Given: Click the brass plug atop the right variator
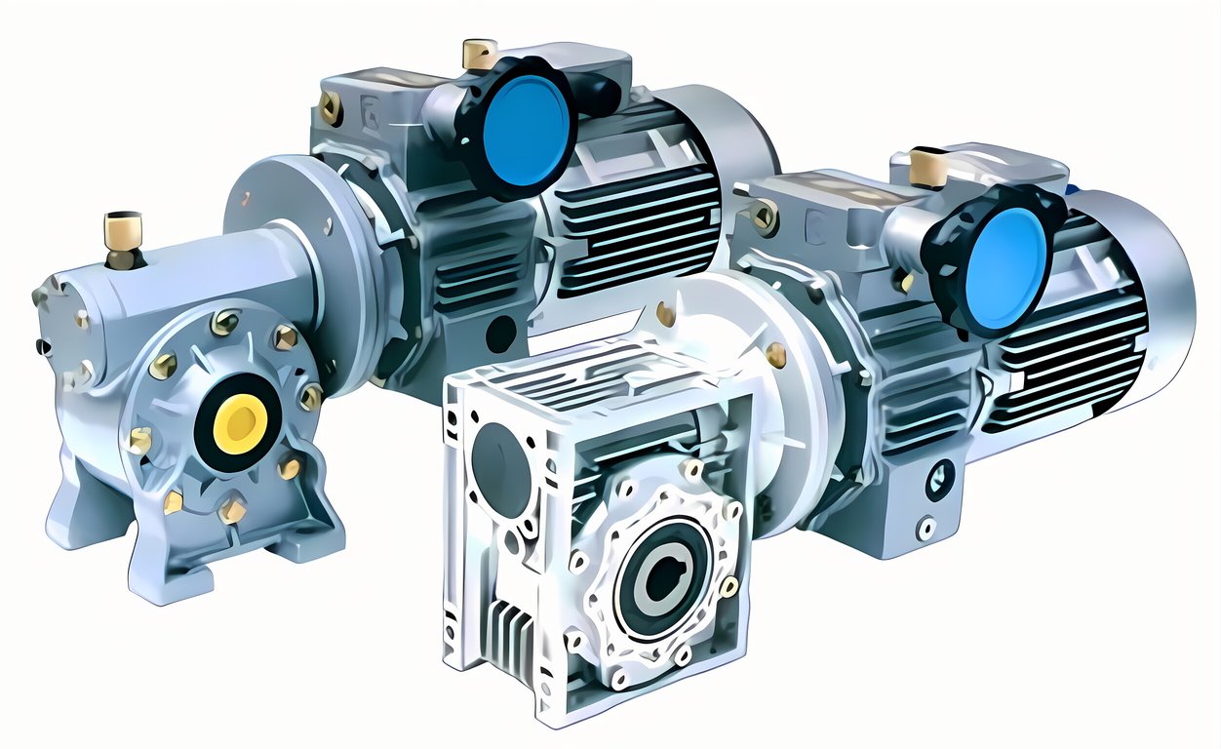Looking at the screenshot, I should pyautogui.click(x=928, y=168).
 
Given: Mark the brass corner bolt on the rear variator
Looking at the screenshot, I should pyautogui.click(x=331, y=108).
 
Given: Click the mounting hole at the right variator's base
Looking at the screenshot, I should pyautogui.click(x=927, y=529).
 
